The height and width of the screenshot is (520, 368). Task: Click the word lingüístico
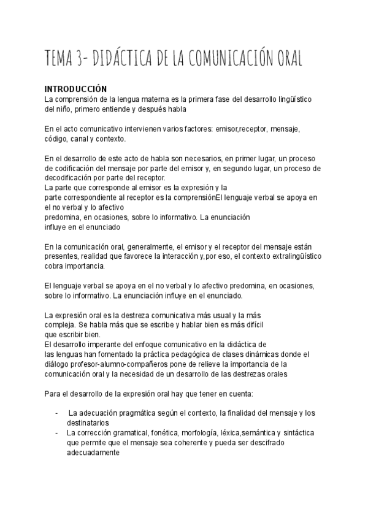(290, 98)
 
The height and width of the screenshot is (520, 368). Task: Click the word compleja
(60, 324)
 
